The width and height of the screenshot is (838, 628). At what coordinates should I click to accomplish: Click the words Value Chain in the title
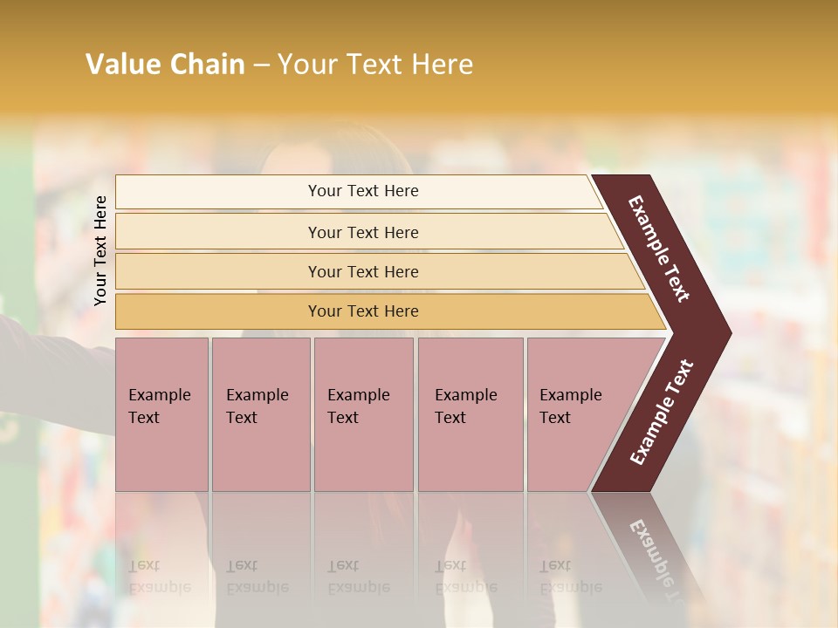point(165,65)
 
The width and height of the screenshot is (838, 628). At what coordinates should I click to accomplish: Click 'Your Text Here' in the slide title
point(375,65)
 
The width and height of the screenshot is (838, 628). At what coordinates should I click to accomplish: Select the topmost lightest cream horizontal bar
point(218,192)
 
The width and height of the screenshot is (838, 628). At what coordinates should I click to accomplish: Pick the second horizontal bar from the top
point(218,232)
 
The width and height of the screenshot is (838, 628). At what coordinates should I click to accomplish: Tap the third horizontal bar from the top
point(218,271)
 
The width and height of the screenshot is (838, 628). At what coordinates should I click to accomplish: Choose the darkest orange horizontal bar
point(218,311)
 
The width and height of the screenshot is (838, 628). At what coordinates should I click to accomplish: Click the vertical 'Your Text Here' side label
point(101,250)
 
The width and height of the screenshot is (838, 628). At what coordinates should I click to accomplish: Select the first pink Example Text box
point(161,414)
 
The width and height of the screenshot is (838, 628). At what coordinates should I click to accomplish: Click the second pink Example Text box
point(260,414)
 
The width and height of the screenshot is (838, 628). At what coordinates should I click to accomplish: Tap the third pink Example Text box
point(362,414)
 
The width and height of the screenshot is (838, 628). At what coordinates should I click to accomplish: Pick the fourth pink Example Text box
point(470,414)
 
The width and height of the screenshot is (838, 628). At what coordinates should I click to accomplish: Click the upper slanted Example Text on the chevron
point(659,249)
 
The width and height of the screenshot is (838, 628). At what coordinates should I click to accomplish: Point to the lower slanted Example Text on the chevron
point(662,413)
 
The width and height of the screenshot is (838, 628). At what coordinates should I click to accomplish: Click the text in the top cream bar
point(363,191)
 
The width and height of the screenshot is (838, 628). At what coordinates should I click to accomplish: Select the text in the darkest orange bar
point(363,311)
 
